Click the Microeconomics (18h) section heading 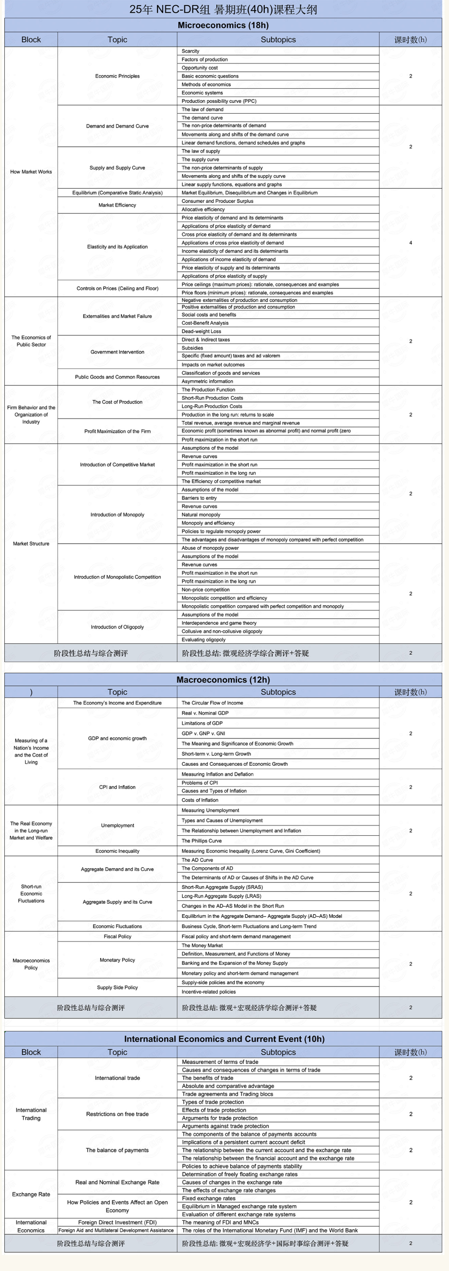click(223, 25)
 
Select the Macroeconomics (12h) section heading click(223, 679)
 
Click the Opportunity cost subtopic click(199, 68)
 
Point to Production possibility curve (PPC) click(219, 101)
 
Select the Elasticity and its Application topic click(117, 246)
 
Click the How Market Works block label click(31, 172)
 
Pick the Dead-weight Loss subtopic click(201, 331)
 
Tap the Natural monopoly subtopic click(201, 515)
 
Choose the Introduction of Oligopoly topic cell click(117, 627)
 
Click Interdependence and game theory click(219, 623)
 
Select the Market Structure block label click(31, 544)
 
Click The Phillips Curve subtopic click(202, 841)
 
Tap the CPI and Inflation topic click(117, 787)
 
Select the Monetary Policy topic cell click(117, 960)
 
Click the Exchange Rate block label click(31, 1194)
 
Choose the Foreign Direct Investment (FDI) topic click(117, 1222)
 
